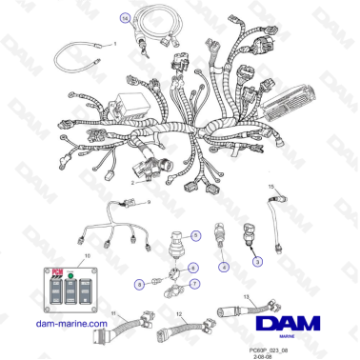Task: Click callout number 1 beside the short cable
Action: tap(115, 44)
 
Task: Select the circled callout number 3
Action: tap(255, 260)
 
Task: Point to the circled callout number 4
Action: tap(224, 268)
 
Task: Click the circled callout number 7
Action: tap(194, 284)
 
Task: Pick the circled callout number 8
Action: tap(139, 283)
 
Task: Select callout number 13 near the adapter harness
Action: tap(244, 295)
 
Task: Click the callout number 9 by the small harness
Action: tap(149, 203)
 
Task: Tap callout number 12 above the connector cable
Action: tap(178, 313)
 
